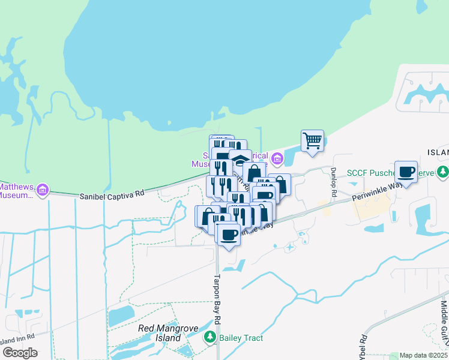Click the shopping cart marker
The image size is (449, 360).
click(x=312, y=141)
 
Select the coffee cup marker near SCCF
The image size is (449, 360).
click(x=406, y=172)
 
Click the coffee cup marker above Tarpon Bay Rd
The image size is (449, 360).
click(x=229, y=234)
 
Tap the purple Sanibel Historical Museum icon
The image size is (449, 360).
click(x=277, y=159)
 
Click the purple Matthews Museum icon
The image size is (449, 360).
click(x=42, y=191)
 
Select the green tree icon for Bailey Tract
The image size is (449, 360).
click(x=210, y=338)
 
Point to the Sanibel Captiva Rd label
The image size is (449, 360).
click(x=112, y=196)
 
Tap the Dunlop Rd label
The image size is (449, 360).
click(x=333, y=181)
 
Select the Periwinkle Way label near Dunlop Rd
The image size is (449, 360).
click(x=378, y=191)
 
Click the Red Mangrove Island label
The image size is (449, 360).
click(x=160, y=333)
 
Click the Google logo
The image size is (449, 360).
click(x=20, y=353)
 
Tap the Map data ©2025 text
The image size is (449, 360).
click(x=424, y=355)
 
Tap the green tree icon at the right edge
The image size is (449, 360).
click(x=443, y=172)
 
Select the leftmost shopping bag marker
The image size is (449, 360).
click(x=206, y=215)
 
